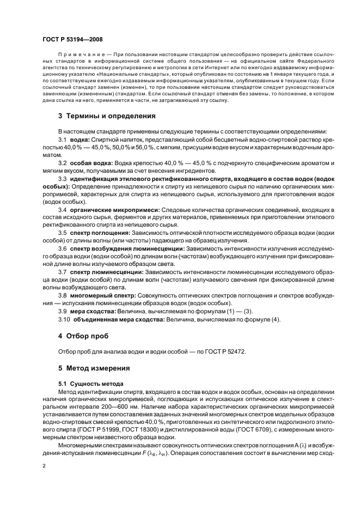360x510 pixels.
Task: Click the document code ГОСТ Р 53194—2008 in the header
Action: [72, 40]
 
